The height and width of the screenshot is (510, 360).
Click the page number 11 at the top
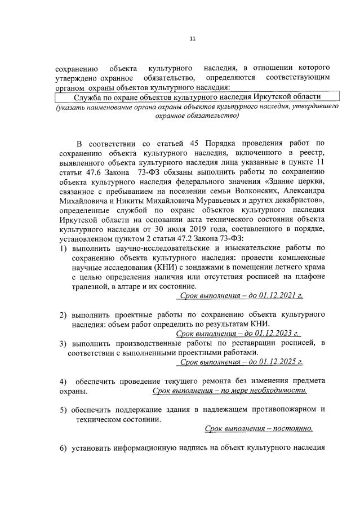point(193,39)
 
